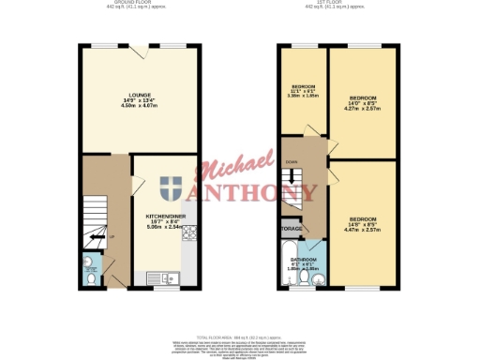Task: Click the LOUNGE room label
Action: point(140,95)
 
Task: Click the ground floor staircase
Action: point(93,219)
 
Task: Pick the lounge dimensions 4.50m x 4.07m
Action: point(140,106)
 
